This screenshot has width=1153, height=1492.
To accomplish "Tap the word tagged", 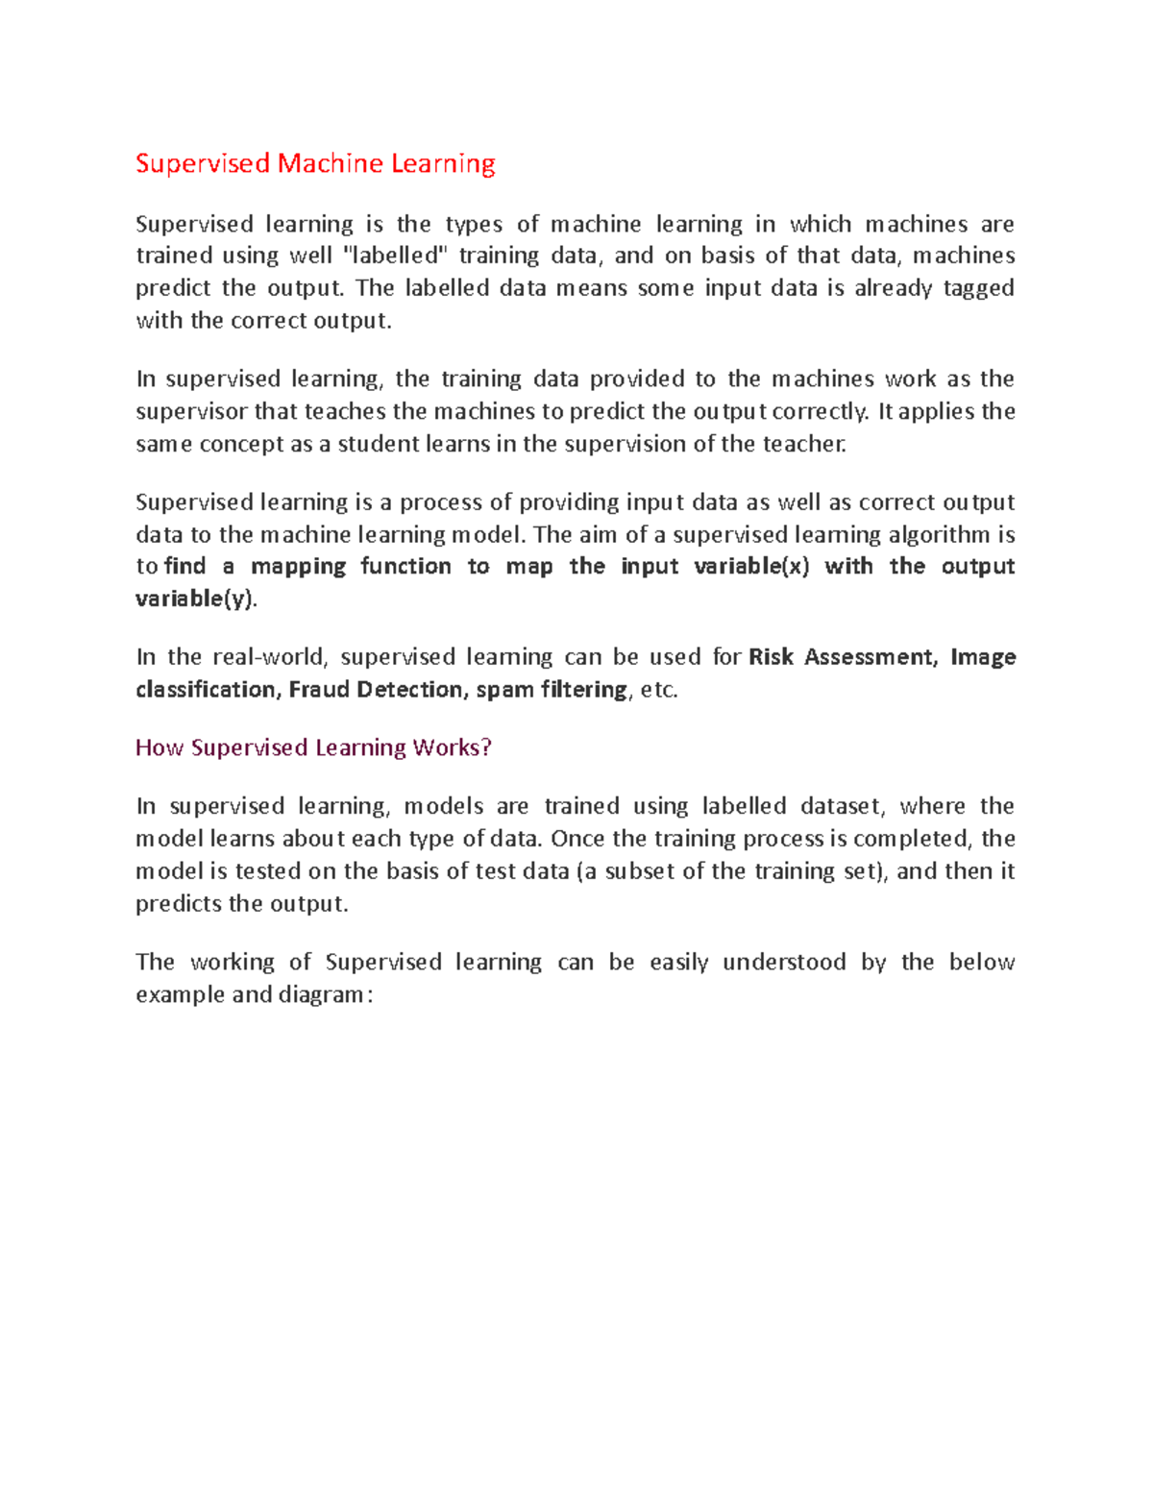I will tap(978, 288).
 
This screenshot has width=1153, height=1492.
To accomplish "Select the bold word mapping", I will tap(298, 567).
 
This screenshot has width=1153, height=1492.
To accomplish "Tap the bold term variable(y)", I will tap(196, 599).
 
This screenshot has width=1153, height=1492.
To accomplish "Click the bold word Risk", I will tap(771, 657).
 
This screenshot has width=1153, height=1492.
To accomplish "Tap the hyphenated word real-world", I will tap(270, 657).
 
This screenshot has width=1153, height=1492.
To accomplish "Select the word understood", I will tap(784, 963).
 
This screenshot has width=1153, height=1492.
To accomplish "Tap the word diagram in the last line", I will tap(321, 994).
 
